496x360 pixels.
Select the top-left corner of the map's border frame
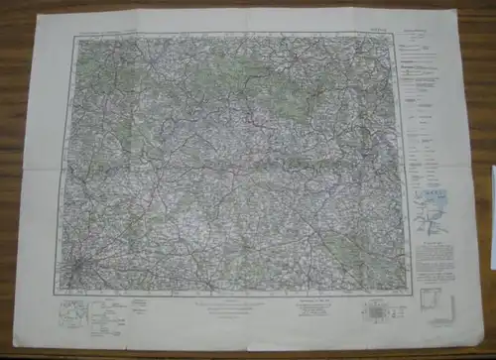72,37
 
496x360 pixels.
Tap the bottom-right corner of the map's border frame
408,290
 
